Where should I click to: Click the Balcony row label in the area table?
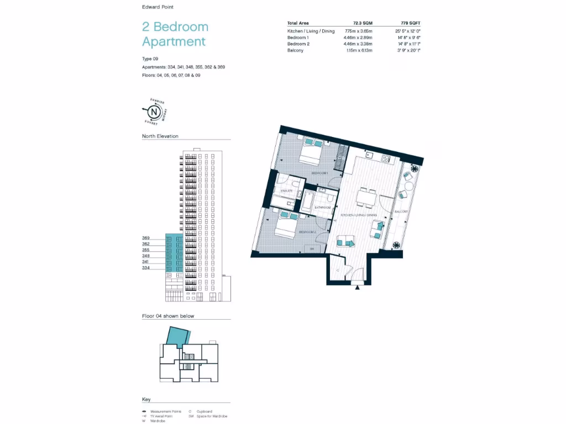295,50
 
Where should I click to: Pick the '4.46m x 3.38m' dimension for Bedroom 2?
358,44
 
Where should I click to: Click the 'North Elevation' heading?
160,136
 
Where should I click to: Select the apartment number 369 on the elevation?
146,238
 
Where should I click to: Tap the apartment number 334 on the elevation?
146,268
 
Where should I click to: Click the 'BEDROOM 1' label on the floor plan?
319,173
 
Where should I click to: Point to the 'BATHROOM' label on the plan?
322,207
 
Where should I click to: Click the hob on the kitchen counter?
384,158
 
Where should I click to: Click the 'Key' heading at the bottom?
146,399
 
